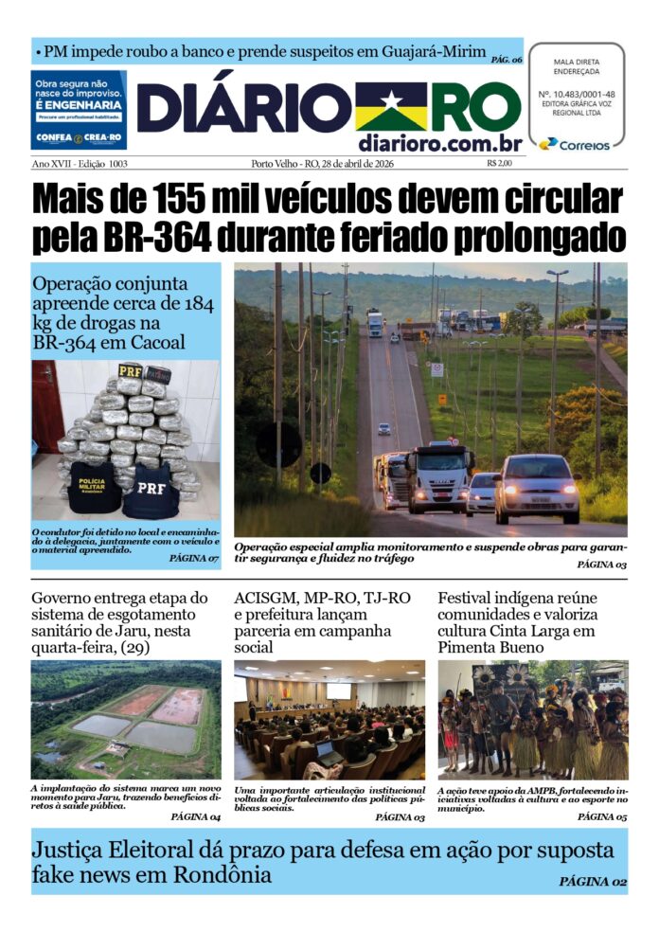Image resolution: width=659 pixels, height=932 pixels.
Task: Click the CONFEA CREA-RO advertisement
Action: point(79,110)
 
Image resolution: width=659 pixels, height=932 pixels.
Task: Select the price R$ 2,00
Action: point(499,164)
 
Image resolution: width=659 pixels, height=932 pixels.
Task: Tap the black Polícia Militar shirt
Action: point(94,485)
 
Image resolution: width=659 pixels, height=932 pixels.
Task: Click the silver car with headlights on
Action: point(537,488)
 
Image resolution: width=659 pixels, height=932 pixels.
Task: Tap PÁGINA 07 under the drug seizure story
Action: point(194,560)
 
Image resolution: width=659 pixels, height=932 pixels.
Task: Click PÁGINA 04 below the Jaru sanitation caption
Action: point(195,815)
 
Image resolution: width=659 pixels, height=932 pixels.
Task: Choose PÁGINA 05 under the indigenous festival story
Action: point(601,815)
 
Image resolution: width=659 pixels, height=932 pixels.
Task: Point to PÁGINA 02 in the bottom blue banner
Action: point(593,881)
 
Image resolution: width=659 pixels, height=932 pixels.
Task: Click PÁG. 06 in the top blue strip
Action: point(507,60)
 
